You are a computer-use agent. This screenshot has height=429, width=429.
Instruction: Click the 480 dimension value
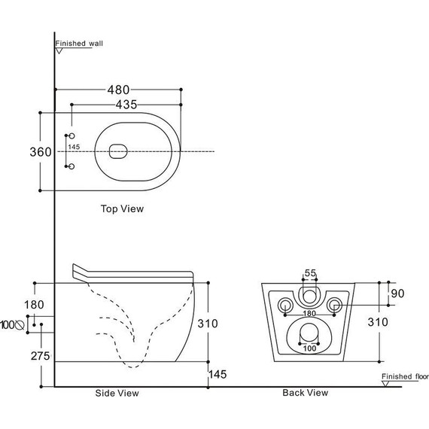118,90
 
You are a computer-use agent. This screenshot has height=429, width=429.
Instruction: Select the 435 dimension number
126,105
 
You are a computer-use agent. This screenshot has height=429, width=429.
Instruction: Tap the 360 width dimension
41,152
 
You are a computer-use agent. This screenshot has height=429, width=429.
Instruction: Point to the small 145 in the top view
74,147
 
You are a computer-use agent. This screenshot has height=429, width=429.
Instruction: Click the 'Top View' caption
122,208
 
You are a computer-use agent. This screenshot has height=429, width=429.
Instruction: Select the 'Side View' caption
117,393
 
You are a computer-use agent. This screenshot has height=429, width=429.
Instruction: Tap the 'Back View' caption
306,393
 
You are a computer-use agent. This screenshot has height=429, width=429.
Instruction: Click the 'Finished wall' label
79,44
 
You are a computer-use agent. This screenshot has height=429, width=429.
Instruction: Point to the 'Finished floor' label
405,376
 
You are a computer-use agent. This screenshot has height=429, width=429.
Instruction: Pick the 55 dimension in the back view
310,273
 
